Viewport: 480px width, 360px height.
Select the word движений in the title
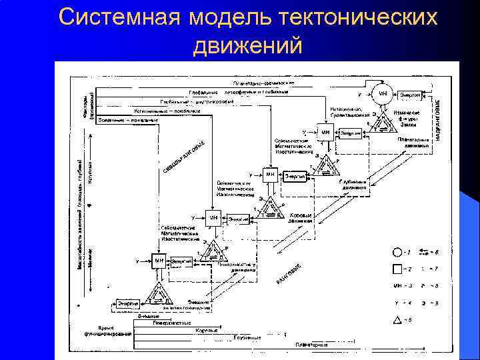pos(247,46)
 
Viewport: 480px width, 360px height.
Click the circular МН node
pos(383,93)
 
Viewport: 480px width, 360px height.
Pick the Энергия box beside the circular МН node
pos(411,95)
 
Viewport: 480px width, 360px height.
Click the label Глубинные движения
pos(353,184)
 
